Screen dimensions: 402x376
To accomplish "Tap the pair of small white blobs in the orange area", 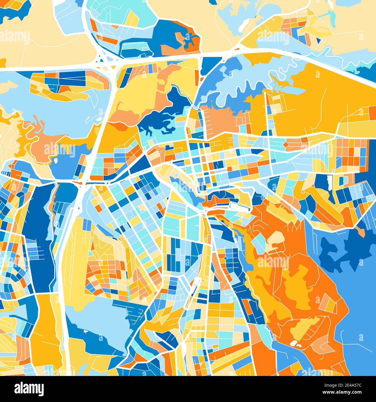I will [296, 344].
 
